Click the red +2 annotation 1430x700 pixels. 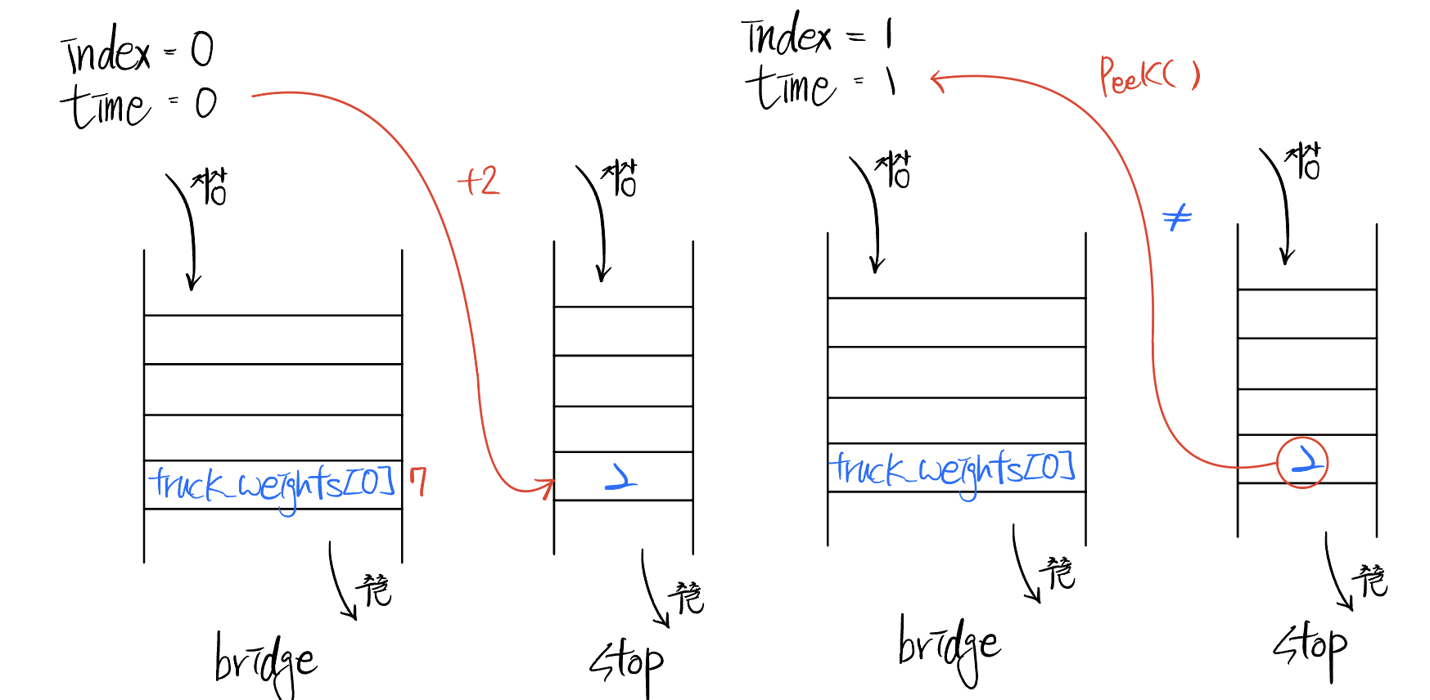(479, 181)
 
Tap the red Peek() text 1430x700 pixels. (1148, 76)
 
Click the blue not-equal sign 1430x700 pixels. (1177, 218)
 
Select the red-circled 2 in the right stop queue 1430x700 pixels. (1302, 463)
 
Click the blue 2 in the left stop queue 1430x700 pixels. (621, 476)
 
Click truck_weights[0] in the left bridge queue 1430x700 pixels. (273, 485)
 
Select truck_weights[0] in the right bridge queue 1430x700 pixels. (952, 469)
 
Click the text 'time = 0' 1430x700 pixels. (138, 105)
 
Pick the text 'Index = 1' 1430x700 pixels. (818, 37)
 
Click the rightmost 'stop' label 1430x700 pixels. (1310, 648)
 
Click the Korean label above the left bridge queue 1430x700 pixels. (210, 187)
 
